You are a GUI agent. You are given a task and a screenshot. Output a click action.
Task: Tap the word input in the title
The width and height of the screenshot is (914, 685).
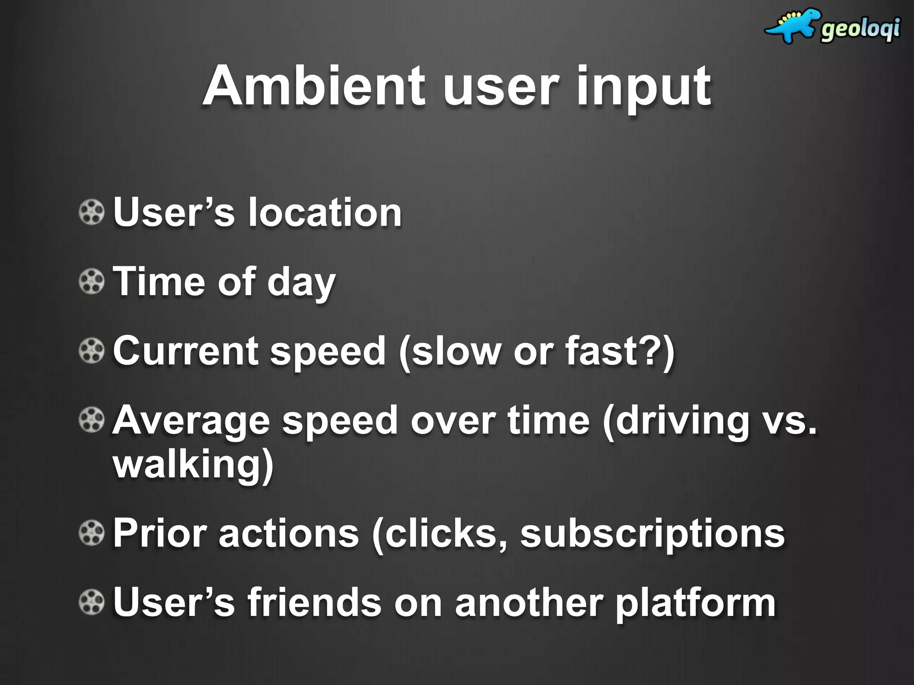(643, 87)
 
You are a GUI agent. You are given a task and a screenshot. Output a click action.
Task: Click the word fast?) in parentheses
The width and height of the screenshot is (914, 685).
(620, 351)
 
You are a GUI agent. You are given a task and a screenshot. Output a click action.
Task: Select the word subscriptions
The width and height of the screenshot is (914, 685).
(652, 534)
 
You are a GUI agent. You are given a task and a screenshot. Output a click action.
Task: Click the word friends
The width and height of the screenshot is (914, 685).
(315, 603)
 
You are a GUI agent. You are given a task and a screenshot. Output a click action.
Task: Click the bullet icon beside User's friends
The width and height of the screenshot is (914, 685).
(91, 602)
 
